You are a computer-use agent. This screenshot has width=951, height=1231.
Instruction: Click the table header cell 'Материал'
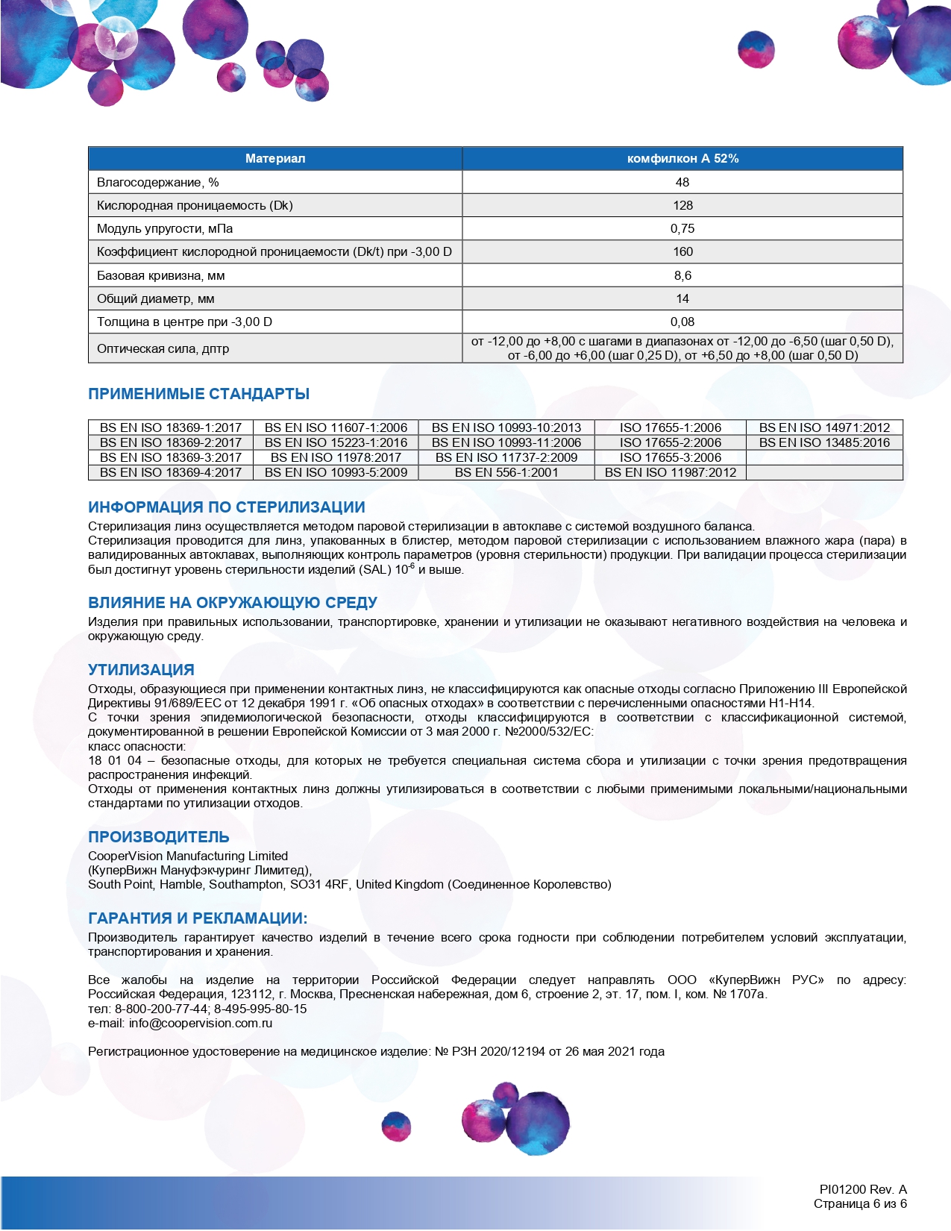pyautogui.click(x=275, y=158)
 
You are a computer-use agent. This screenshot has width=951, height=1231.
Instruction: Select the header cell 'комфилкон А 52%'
pyautogui.click(x=682, y=158)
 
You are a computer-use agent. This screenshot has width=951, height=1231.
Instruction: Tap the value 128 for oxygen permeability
pyautogui.click(x=682, y=205)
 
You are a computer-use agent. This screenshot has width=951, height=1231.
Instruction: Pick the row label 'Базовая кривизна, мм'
pyautogui.click(x=161, y=275)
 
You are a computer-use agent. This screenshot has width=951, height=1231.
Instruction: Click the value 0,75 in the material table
pyautogui.click(x=682, y=228)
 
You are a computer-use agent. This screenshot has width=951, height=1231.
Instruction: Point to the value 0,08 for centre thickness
pyautogui.click(x=682, y=322)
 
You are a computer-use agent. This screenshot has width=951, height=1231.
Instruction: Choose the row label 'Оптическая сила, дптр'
pyautogui.click(x=163, y=348)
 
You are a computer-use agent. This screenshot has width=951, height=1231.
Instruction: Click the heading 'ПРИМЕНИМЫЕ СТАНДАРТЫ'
pyautogui.click(x=198, y=394)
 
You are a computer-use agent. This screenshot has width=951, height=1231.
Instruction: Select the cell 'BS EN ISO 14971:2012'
pyautogui.click(x=824, y=427)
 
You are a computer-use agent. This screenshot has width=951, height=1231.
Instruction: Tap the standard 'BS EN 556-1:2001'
pyautogui.click(x=506, y=472)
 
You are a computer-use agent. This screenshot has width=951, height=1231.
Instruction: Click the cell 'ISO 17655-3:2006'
pyautogui.click(x=671, y=457)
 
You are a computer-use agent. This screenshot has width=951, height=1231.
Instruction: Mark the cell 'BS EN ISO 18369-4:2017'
pyautogui.click(x=171, y=472)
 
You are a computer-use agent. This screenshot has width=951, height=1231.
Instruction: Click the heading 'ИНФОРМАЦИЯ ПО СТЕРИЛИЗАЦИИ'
pyautogui.click(x=227, y=507)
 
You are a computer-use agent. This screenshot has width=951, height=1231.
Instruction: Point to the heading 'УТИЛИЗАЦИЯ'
pyautogui.click(x=141, y=670)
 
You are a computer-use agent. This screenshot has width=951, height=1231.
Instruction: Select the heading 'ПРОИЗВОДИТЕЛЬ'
pyautogui.click(x=159, y=837)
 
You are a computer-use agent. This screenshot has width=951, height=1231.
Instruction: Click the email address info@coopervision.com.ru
pyautogui.click(x=201, y=1023)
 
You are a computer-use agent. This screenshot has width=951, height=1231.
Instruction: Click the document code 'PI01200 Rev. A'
pyautogui.click(x=863, y=1189)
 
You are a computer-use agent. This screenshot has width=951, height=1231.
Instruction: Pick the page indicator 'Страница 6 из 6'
pyautogui.click(x=860, y=1203)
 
